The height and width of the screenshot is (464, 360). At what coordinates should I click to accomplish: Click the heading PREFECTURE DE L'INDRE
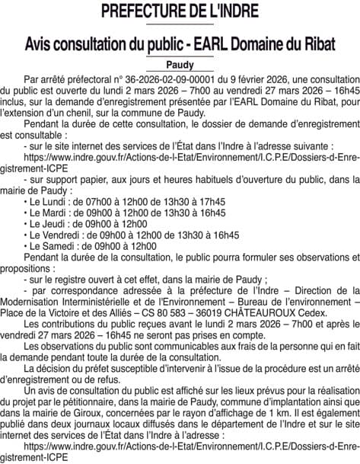click(180, 12)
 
